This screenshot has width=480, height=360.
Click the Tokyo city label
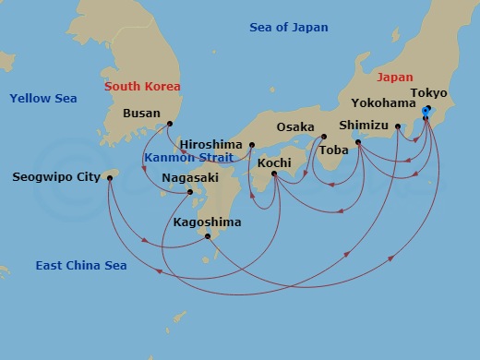[428, 94]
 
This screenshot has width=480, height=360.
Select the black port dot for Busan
[169, 123]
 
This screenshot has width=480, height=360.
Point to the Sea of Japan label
[289, 28]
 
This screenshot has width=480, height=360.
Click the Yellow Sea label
[42, 98]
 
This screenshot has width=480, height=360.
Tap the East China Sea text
[81, 266]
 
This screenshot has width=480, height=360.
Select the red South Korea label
[142, 86]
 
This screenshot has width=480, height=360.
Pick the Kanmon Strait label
[188, 158]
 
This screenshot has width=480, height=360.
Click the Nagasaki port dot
[189, 192]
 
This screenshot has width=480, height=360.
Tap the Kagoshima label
[207, 222]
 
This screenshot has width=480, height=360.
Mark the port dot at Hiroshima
[251, 145]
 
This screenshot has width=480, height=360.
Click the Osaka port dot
[323, 138]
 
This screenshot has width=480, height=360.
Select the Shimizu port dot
[357, 142]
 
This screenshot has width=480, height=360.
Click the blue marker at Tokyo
[426, 111]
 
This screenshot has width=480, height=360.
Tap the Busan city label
[141, 114]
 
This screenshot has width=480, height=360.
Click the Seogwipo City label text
[57, 176]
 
